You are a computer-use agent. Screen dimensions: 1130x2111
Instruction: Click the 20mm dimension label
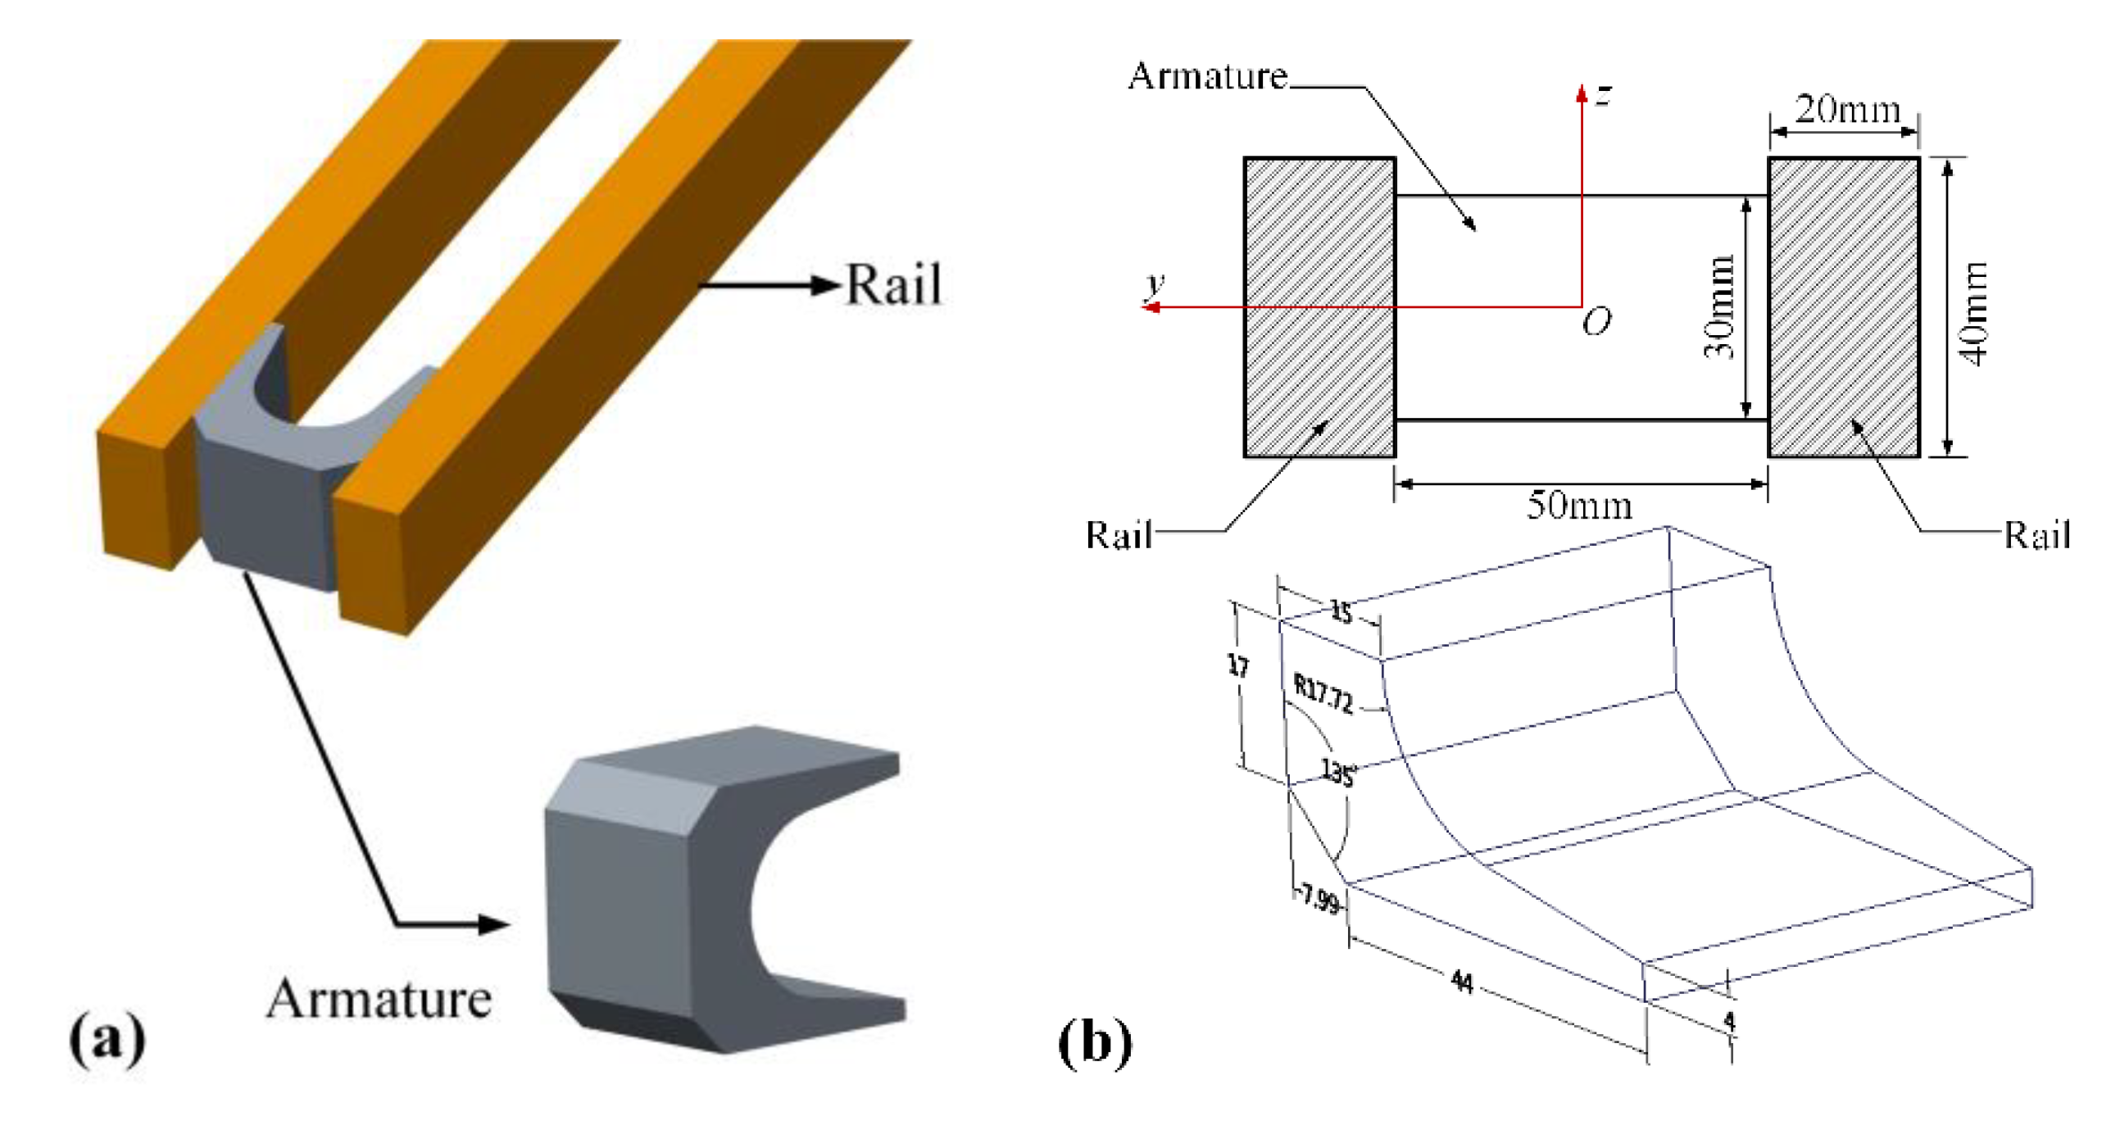pyautogui.click(x=1847, y=109)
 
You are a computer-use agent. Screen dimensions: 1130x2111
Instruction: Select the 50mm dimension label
pyautogui.click(x=1579, y=505)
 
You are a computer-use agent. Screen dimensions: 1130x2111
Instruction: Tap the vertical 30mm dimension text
pyautogui.click(x=1718, y=306)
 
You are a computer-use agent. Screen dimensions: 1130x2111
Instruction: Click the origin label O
pyautogui.click(x=1596, y=321)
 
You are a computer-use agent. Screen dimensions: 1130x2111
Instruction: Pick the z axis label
pyautogui.click(x=1604, y=95)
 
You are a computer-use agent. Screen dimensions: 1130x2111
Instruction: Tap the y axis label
pyautogui.click(x=1155, y=284)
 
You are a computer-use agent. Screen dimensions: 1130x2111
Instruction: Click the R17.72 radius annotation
pyautogui.click(x=1323, y=693)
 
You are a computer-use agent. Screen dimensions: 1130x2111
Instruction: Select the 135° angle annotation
pyautogui.click(x=1338, y=771)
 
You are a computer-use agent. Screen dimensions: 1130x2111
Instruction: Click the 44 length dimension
pyautogui.click(x=1462, y=981)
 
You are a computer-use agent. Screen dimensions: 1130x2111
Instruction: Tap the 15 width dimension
pyautogui.click(x=1342, y=611)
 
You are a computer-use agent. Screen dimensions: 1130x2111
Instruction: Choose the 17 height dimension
pyautogui.click(x=1238, y=665)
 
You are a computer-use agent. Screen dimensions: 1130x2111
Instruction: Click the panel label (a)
pyautogui.click(x=107, y=1039)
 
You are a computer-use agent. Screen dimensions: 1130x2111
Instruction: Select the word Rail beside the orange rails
pyautogui.click(x=893, y=285)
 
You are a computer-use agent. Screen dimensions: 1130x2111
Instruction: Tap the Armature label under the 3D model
pyautogui.click(x=379, y=999)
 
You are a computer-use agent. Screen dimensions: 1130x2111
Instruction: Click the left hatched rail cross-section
pyautogui.click(x=1319, y=307)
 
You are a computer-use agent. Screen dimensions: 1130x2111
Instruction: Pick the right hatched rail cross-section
pyautogui.click(x=1844, y=307)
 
